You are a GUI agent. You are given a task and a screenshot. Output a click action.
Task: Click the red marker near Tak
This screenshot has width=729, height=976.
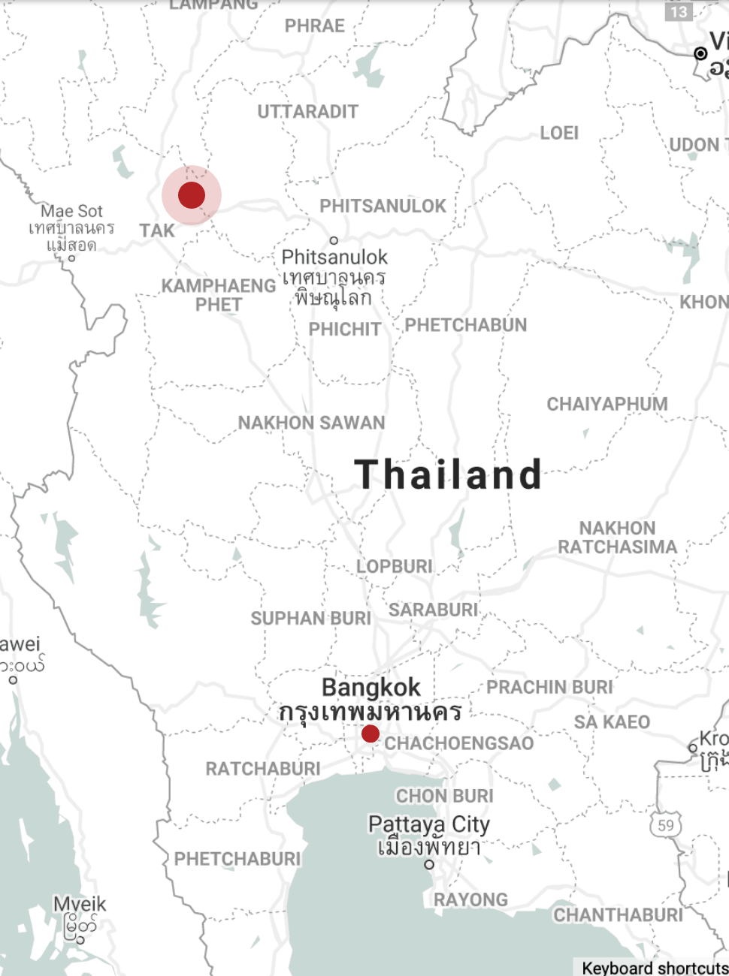[192, 195]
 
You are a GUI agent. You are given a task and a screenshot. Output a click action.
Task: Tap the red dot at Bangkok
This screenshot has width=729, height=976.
[370, 734]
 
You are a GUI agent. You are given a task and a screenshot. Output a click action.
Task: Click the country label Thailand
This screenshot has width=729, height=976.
[448, 474]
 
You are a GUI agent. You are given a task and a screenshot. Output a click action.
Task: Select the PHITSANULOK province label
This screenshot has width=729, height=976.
[383, 206]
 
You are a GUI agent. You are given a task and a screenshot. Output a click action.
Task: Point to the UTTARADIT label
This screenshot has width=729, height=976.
[307, 112]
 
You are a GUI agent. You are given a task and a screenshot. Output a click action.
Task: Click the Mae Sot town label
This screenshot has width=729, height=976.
[71, 211]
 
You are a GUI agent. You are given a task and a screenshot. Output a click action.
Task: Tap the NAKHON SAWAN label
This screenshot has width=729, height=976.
[311, 423]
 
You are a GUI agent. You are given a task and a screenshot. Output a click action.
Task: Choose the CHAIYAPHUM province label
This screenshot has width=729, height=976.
[606, 404]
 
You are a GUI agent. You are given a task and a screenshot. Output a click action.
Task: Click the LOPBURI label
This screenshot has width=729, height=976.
[394, 566]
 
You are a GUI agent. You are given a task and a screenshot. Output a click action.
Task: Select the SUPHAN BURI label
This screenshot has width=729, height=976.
[310, 619]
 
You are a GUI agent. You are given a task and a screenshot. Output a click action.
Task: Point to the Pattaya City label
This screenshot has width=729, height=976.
[428, 824]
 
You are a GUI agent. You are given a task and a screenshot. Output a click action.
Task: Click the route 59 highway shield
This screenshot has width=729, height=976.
[665, 825]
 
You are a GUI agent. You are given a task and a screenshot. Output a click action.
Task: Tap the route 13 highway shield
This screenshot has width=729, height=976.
[679, 11]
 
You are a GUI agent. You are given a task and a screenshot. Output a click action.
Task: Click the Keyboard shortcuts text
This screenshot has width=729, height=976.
[654, 968]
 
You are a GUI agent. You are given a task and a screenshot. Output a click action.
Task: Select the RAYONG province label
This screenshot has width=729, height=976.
[470, 899]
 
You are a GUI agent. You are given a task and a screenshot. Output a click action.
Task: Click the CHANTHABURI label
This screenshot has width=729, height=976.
[618, 914]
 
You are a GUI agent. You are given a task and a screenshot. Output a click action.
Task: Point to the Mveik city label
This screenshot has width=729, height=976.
[80, 905]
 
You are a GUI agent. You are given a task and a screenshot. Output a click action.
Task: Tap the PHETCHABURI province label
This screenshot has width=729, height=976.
[237, 859]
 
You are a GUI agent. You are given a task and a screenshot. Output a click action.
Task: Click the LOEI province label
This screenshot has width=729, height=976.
[559, 133]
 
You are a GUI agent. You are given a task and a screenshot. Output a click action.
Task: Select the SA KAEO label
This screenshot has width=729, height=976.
[612, 722]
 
